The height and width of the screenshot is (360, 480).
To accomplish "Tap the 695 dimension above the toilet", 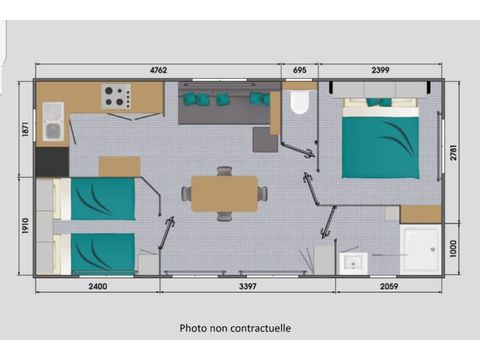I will pos(299,71).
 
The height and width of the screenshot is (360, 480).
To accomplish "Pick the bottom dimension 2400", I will pos(96,286).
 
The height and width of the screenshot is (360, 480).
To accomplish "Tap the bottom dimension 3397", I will pos(247,286).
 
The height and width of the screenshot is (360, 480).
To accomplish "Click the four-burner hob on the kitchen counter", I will pos(116,98).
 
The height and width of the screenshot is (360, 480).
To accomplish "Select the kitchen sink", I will pos(52,122).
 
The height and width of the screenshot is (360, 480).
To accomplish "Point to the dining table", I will pos(224,193).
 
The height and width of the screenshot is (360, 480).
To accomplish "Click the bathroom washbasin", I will pos(351,263).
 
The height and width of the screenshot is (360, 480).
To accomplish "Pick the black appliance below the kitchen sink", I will pos(52,160).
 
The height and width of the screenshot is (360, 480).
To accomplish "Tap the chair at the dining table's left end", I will pos(186,193).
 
